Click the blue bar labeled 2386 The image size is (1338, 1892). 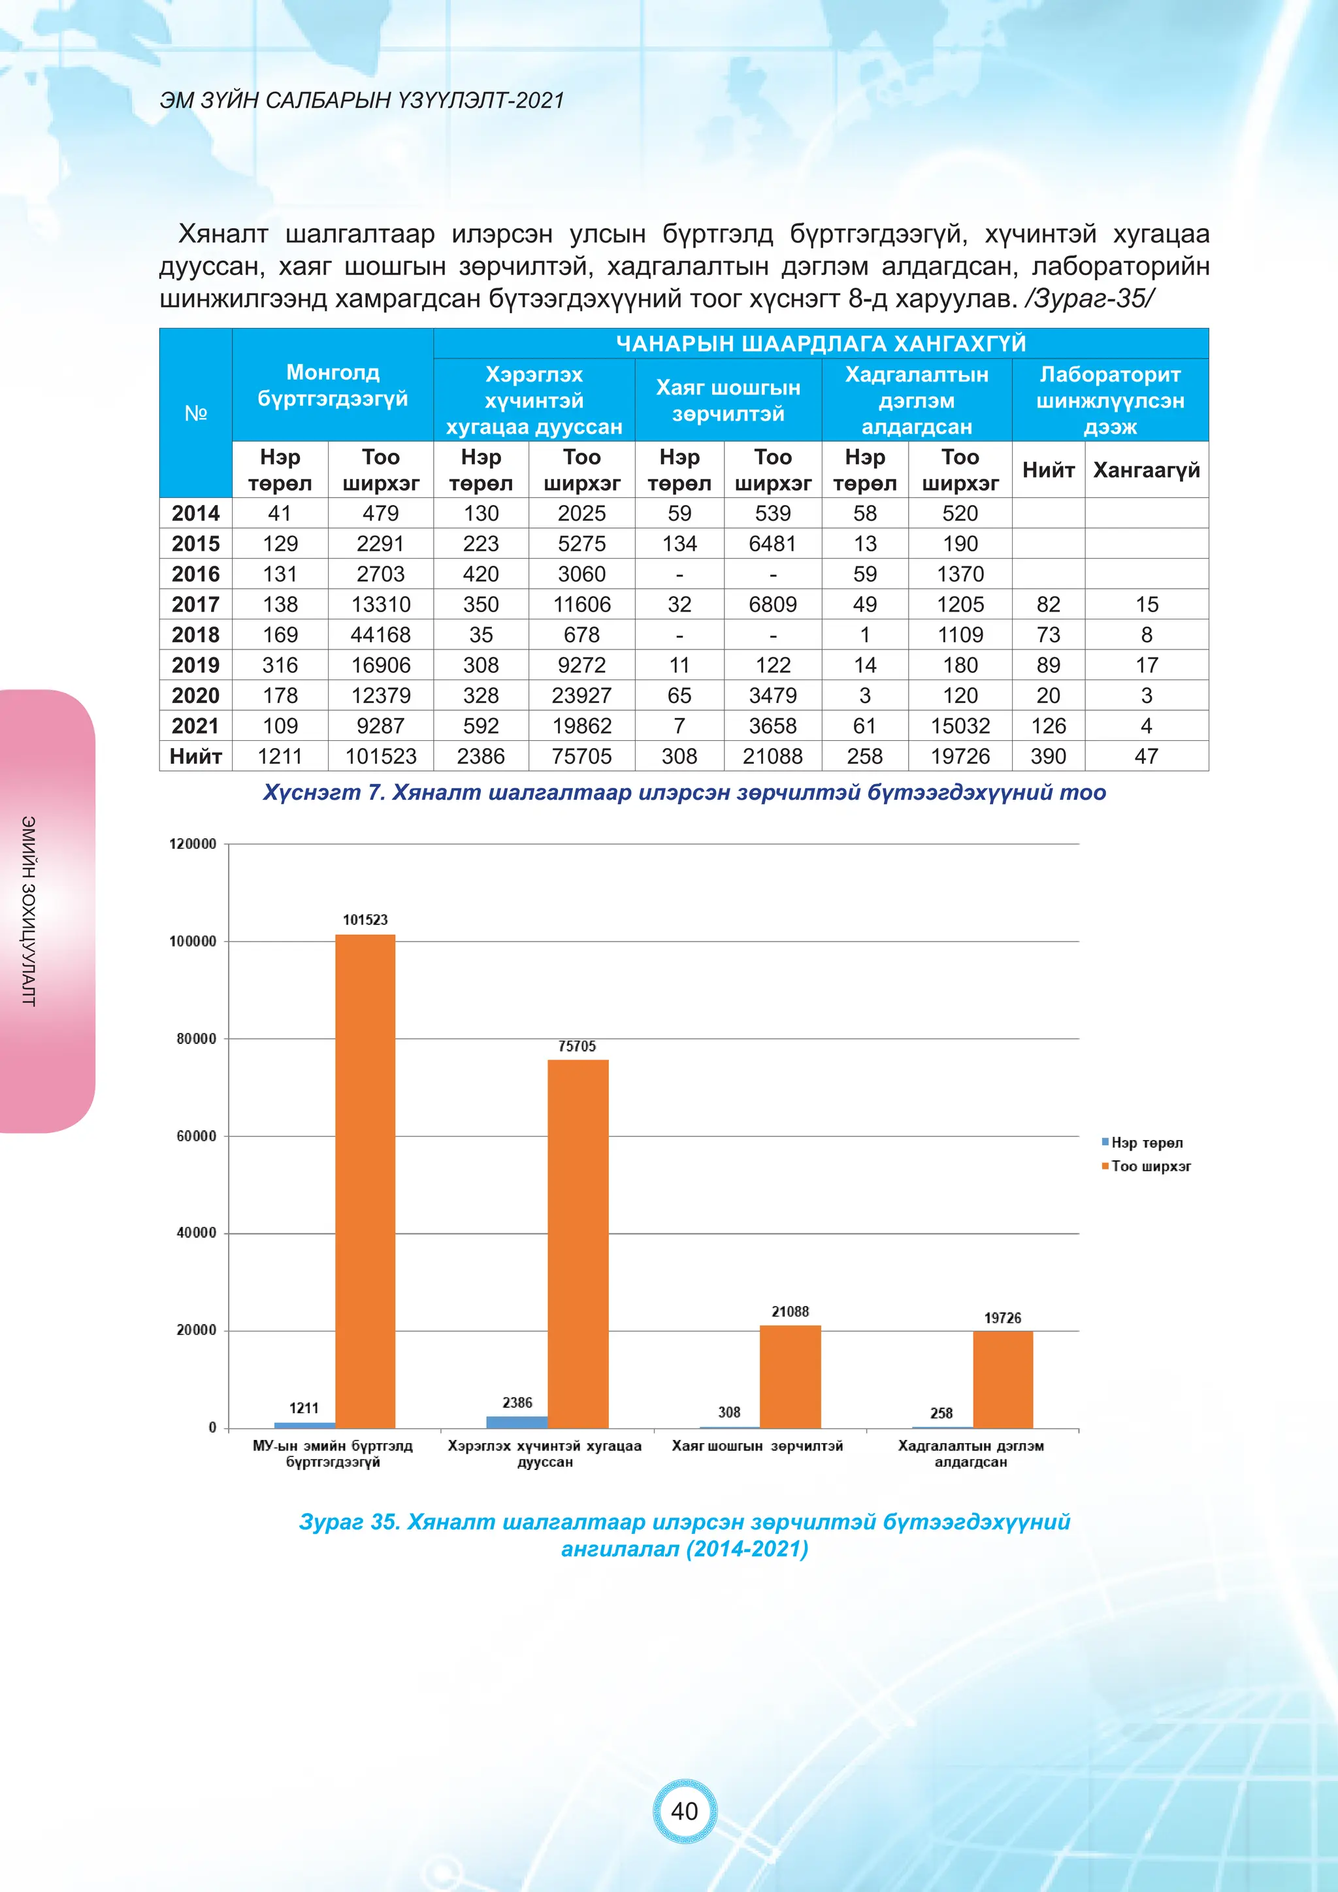[517, 1422]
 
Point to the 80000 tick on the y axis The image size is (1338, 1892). [196, 1039]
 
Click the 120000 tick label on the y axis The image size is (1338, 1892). [193, 844]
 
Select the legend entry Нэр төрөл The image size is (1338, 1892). [1146, 1143]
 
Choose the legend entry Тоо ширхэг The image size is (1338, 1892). [1150, 1166]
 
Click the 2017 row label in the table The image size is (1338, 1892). [195, 604]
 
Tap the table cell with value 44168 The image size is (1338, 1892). [381, 634]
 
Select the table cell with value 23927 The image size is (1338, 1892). [581, 696]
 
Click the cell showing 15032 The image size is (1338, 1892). [960, 726]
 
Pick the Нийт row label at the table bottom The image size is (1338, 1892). [195, 757]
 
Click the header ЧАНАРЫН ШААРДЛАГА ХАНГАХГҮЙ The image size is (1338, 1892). [821, 343]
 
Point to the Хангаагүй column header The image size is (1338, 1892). [1146, 470]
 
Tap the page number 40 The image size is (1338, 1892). [685, 1810]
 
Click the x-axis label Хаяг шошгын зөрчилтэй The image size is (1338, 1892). [757, 1446]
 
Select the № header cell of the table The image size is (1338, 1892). [195, 413]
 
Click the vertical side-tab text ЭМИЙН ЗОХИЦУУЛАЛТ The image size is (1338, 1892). [29, 911]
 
